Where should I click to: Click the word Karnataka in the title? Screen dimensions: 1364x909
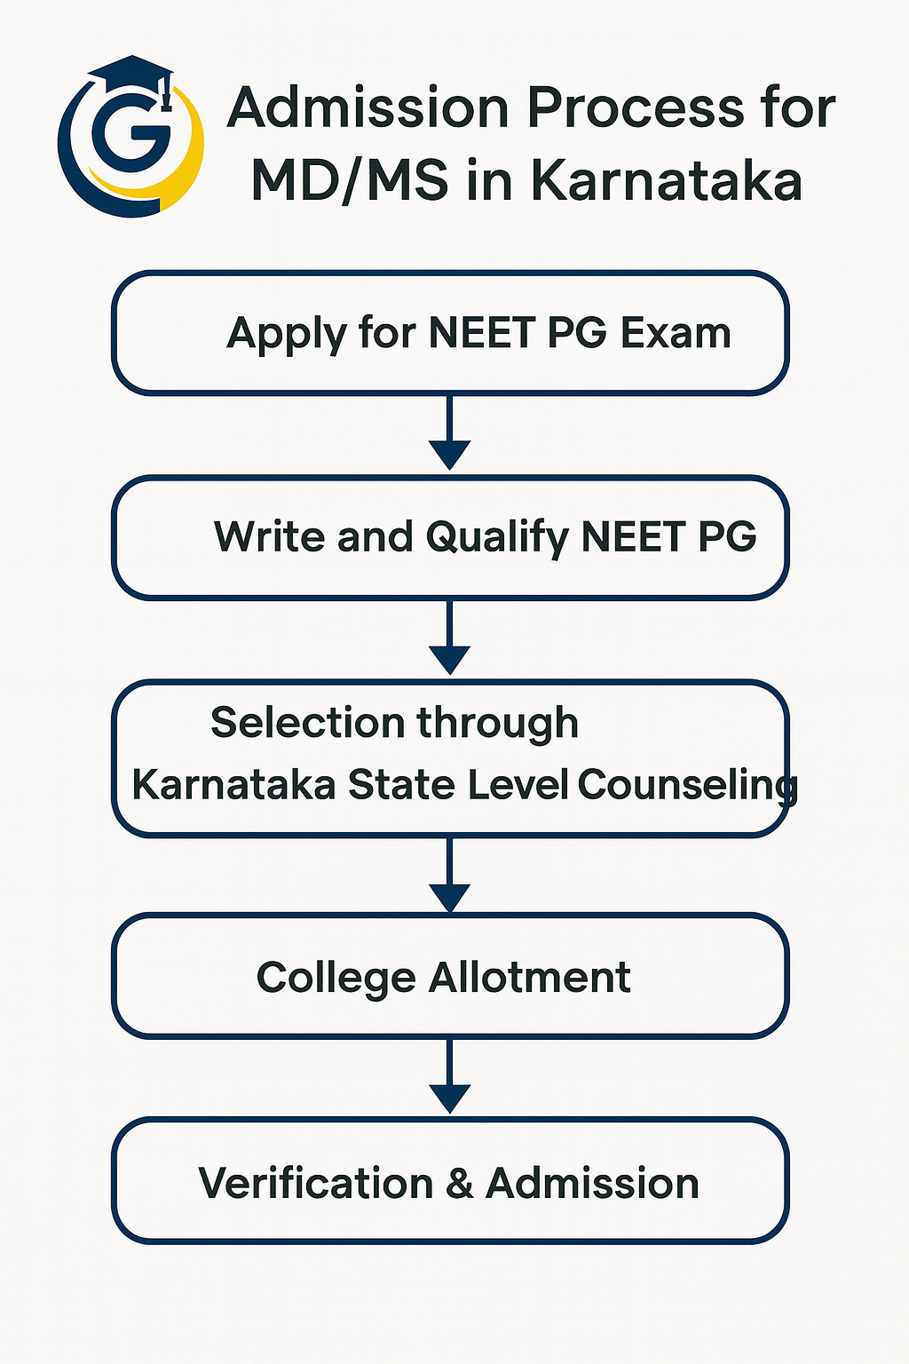click(x=666, y=180)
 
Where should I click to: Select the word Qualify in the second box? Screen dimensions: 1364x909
click(x=497, y=538)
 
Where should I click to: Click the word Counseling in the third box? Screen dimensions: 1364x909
click(x=687, y=786)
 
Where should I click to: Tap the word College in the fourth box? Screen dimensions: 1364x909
click(x=336, y=979)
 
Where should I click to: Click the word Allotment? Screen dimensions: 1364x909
click(x=529, y=978)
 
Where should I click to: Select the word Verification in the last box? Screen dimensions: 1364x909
click(x=316, y=1184)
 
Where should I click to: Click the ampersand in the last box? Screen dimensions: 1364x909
click(x=460, y=1184)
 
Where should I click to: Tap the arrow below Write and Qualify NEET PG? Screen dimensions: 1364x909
click(x=449, y=638)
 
